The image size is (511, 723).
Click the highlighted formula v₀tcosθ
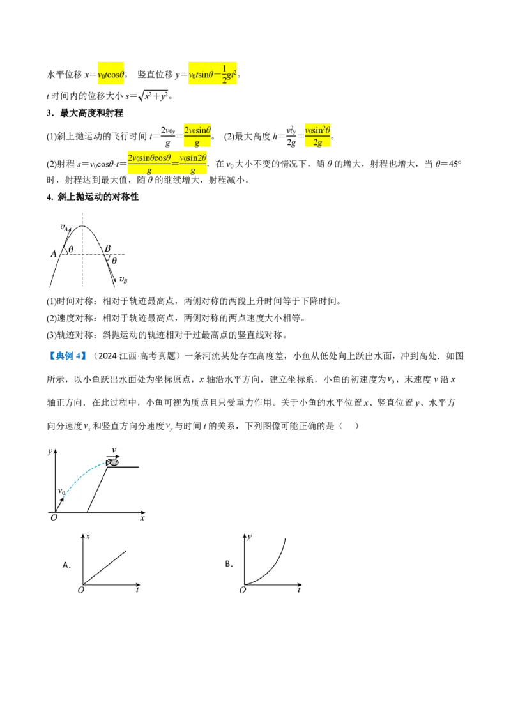click(111, 74)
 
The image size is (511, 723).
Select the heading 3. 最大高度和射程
click(85, 113)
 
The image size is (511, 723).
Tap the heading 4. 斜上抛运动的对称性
click(93, 197)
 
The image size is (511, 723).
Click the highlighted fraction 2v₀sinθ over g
click(197, 135)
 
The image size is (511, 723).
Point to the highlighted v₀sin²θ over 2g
click(317, 135)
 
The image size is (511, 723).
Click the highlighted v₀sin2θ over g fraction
click(193, 164)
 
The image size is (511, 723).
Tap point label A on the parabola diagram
click(53, 254)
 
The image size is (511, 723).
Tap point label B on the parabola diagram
click(107, 248)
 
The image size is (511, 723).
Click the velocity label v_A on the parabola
click(64, 227)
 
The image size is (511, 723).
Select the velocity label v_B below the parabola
click(123, 279)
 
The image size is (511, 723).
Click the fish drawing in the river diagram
click(112, 462)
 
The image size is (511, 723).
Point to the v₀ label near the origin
click(61, 492)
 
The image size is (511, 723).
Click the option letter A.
click(66, 565)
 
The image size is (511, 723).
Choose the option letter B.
click(229, 563)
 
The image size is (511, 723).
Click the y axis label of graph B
click(250, 537)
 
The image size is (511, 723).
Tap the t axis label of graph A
click(137, 589)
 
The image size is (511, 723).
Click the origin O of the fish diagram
click(54, 517)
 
